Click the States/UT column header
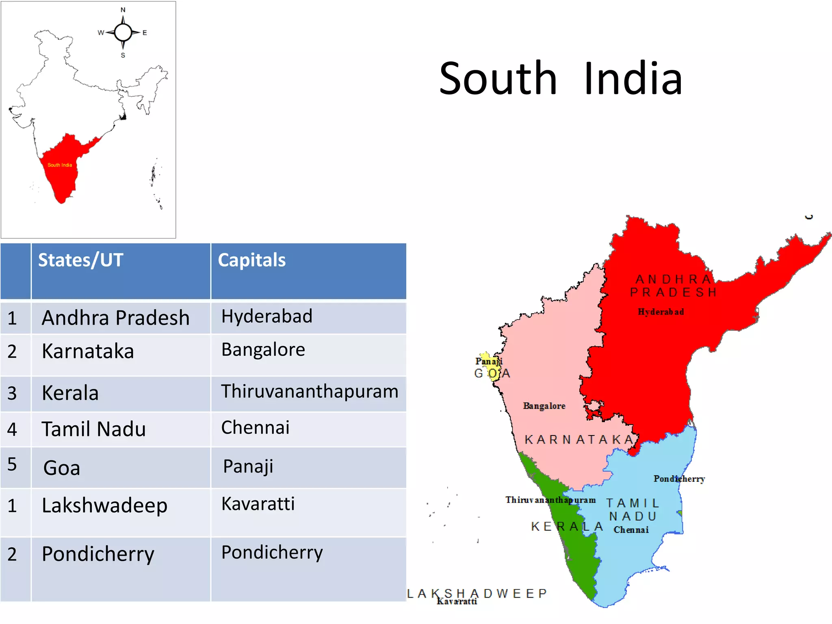coord(80,260)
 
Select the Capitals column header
coord(251,260)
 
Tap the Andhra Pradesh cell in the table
coord(115,318)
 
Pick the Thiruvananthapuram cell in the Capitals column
coord(310,392)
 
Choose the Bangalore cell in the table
coord(263,350)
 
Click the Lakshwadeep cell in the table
coord(104,506)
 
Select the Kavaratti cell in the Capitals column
coord(258,504)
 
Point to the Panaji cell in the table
coord(248,466)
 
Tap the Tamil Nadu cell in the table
coord(93,429)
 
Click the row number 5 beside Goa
coord(12,464)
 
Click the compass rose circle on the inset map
coord(123,32)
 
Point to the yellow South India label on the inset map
coord(60,165)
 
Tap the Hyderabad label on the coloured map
coord(661,312)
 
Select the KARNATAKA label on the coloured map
coord(579,440)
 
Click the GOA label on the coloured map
coord(492,373)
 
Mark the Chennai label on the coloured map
coord(631,530)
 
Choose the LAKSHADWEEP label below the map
coord(477,594)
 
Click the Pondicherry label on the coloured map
coord(679,479)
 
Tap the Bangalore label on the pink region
coord(544,406)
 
